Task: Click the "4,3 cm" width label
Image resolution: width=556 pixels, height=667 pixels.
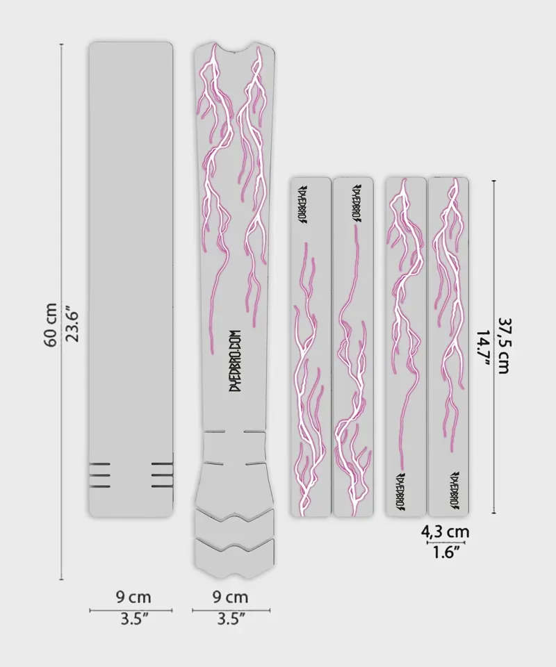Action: pos(445,532)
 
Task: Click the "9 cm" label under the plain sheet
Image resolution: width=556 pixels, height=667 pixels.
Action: pos(131,597)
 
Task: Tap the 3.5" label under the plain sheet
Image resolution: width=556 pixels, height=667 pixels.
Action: pos(131,618)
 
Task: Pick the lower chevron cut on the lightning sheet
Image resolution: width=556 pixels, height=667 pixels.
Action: pos(234,547)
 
